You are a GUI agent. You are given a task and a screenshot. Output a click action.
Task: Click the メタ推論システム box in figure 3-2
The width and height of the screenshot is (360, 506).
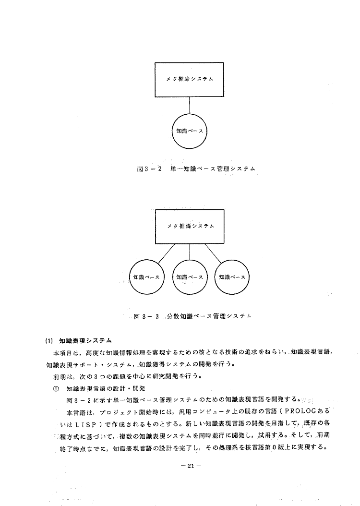[190, 79]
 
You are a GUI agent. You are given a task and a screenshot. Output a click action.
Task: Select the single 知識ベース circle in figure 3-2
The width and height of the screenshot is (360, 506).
[190, 131]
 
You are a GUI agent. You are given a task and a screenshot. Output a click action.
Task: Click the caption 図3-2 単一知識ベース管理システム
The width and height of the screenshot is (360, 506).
[195, 169]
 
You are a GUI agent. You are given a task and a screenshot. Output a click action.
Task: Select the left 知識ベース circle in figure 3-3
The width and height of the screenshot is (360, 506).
[146, 277]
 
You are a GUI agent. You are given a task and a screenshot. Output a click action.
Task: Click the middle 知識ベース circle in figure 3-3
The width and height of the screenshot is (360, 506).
[190, 277]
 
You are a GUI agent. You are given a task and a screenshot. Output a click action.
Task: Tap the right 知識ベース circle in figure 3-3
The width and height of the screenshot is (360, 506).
[232, 277]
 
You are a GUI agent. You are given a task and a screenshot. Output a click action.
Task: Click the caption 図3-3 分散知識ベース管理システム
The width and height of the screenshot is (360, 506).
[192, 316]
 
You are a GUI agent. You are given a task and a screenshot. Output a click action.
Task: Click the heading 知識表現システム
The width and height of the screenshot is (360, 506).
[85, 341]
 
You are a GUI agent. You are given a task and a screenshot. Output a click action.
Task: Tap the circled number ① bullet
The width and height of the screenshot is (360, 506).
[56, 388]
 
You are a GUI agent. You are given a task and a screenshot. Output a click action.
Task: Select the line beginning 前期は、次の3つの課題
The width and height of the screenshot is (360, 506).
[130, 376]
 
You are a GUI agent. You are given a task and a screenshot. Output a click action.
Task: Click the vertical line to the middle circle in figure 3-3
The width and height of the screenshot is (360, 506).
[190, 252]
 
